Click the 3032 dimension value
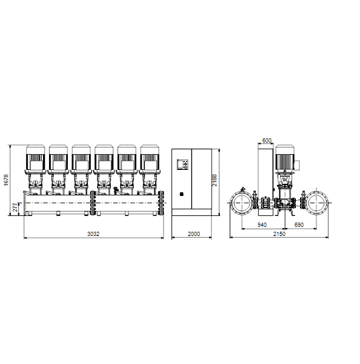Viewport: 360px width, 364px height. pos(93,234)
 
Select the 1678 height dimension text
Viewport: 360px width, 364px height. pos(6,180)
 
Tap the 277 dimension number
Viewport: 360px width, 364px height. pos(15,207)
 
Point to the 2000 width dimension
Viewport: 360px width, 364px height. pos(194,234)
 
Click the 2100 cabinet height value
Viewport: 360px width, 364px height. pos(215,180)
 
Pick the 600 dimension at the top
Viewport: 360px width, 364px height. pos(267,141)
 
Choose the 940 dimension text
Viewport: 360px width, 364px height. pos(262,224)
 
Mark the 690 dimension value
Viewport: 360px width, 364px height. pos(299,224)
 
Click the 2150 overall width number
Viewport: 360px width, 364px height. pos(279,234)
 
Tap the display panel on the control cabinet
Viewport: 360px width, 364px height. pos(182,164)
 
